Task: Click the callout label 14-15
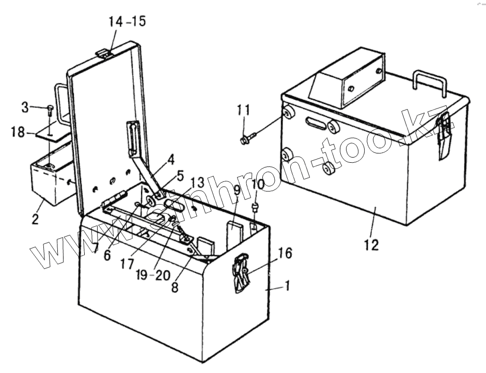tap(127, 22)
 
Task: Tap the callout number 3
tap(25, 107)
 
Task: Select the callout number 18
tap(18, 132)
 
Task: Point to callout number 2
tap(35, 219)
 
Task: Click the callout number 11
tap(244, 111)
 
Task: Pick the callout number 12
tap(372, 245)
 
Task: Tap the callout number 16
tap(285, 253)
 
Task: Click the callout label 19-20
tap(154, 275)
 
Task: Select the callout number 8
tap(175, 287)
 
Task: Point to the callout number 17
tap(128, 264)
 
